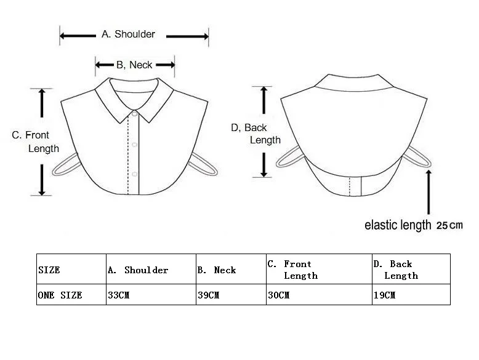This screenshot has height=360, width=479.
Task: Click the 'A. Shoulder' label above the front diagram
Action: (128, 34)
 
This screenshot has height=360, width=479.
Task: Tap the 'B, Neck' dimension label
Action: (134, 65)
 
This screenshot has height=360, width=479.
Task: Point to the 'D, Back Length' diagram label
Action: (257, 134)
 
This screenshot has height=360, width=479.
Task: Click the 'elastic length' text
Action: (398, 225)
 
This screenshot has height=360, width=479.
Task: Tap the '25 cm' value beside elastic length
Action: (449, 225)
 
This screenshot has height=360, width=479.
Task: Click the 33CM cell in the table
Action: (118, 295)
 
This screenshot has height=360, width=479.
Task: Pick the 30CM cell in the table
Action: (278, 295)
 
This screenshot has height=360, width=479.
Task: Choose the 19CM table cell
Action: (384, 295)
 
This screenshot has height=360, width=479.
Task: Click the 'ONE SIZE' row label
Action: (60, 295)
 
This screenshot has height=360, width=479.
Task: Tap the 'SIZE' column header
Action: (49, 270)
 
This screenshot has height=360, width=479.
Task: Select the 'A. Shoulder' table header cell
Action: (137, 270)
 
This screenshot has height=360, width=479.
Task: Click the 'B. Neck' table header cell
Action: (216, 270)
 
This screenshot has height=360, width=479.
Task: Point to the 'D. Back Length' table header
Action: (395, 270)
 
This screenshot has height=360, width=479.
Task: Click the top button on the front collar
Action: (134, 114)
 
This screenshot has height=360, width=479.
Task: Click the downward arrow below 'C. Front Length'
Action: (42, 179)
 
